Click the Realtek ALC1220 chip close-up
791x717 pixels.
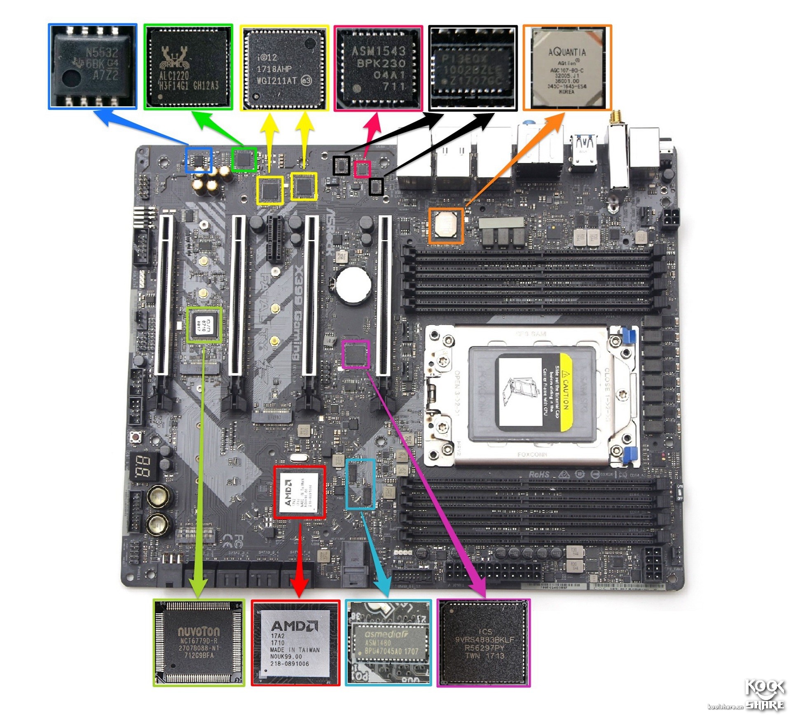tap(188, 67)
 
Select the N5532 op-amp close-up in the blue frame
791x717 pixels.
tap(93, 66)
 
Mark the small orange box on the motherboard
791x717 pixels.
tap(446, 226)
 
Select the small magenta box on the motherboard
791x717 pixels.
tap(356, 354)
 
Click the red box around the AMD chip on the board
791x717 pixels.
tap(300, 492)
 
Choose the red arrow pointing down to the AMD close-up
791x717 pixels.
tap(300, 565)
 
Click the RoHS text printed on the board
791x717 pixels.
tap(539, 475)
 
